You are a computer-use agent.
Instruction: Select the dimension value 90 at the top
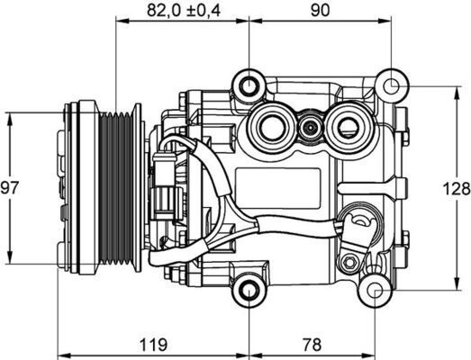point(320,11)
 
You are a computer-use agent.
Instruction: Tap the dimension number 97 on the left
point(10,188)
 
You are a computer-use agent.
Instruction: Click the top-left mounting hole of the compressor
point(247,85)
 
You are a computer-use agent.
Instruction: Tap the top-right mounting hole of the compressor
point(394,86)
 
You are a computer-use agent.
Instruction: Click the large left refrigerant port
point(273,125)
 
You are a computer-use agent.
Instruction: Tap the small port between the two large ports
point(310,128)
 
